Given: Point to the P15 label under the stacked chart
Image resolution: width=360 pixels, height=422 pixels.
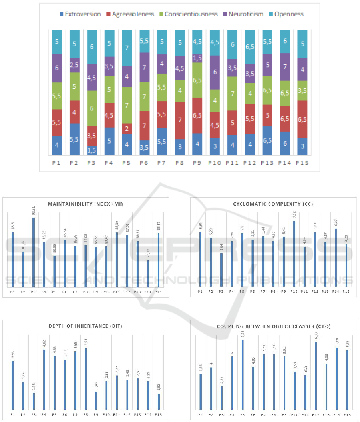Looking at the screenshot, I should click(302, 163).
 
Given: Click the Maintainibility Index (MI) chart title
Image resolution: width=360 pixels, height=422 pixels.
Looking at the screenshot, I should click(85, 204).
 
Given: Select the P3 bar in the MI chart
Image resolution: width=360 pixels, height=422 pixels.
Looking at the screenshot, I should click(34, 252).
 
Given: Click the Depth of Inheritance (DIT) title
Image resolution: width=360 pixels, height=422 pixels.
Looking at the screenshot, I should click(85, 326).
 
